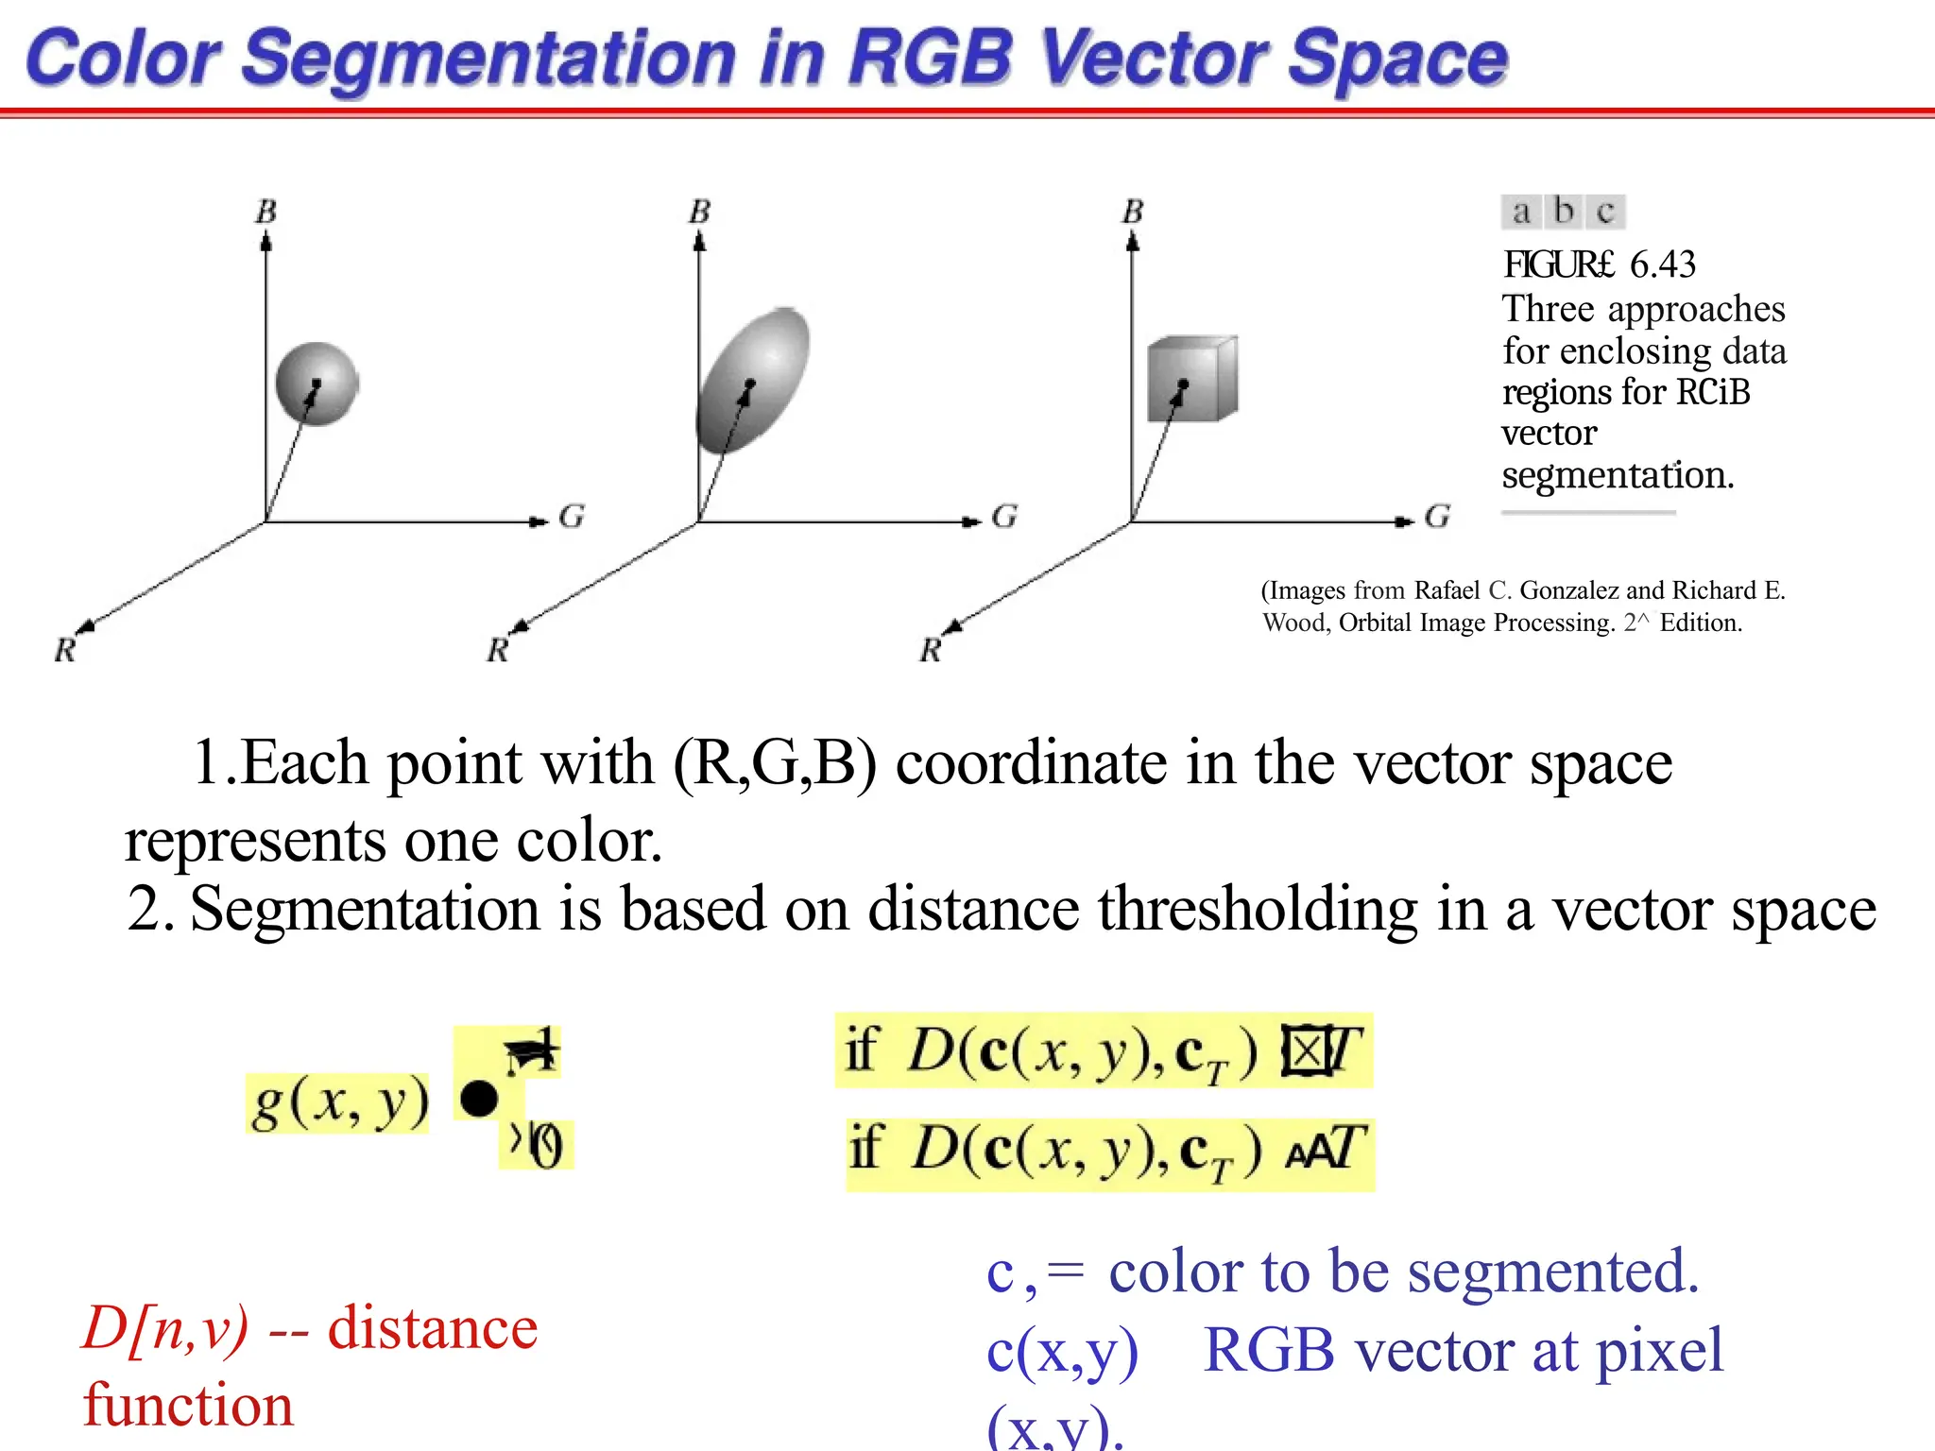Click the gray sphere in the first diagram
pos(317,384)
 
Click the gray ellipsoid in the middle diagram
pos(753,380)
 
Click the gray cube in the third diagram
pos(1191,379)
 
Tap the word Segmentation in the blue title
pos(488,59)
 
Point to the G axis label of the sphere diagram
pos(572,517)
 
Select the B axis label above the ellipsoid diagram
pos(699,212)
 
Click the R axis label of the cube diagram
pos(931,650)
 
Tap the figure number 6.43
pos(1662,265)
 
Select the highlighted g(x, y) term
pos(338,1102)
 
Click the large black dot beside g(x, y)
pos(479,1099)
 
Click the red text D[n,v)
pos(166,1328)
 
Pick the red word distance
pos(433,1328)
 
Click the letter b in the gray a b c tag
pos(1564,211)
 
